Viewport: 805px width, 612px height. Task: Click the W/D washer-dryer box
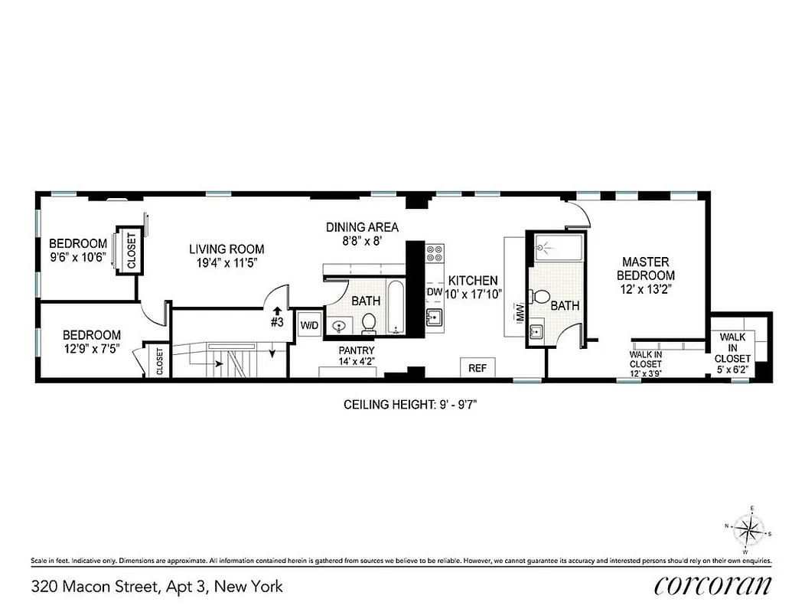[x=310, y=325]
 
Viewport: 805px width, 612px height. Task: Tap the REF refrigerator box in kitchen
[x=477, y=368]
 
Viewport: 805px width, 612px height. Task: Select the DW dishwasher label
[x=434, y=292]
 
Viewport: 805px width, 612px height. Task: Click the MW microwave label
[x=519, y=312]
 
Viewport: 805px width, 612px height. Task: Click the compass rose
[x=748, y=528]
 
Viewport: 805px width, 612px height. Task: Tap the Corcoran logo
[x=712, y=586]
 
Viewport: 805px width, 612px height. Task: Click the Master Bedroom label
[x=647, y=269]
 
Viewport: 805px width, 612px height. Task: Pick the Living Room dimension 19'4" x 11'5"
[x=227, y=262]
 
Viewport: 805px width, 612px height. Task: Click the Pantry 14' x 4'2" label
[x=357, y=356]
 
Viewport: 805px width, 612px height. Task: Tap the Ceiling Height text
[x=416, y=405]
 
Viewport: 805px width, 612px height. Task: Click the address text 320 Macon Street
[x=157, y=587]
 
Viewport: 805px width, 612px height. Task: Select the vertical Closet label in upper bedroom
[x=131, y=250]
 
